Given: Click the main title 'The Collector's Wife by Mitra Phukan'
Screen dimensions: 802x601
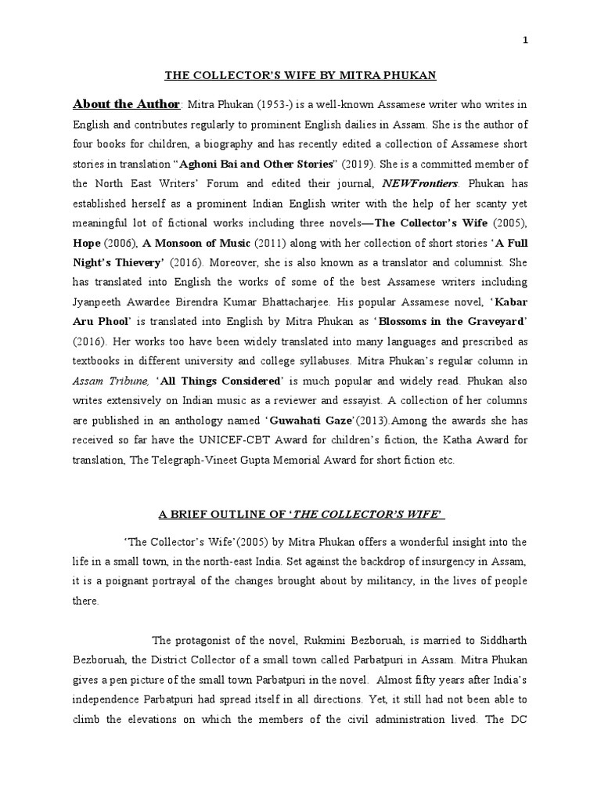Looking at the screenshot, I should [x=300, y=75].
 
